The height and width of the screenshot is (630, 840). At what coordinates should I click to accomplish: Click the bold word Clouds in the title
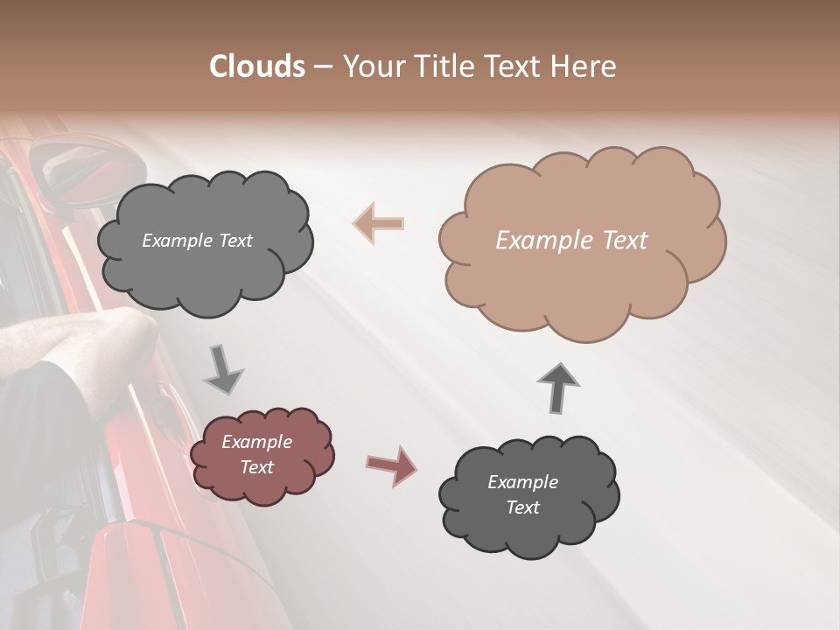point(257,66)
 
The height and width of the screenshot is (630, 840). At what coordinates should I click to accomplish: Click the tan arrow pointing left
point(379,223)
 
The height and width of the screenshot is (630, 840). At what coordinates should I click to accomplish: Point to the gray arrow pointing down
point(223,369)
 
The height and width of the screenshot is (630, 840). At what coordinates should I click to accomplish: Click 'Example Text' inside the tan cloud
point(571,241)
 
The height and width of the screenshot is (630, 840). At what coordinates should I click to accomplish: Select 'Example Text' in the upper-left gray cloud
point(197,241)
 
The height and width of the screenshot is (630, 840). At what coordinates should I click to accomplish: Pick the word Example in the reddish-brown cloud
point(256,442)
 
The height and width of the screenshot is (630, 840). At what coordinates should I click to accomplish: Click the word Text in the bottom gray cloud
point(522,507)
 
